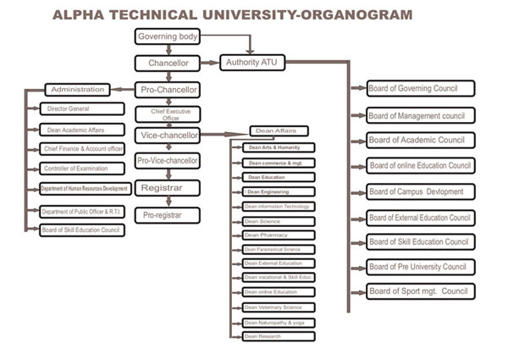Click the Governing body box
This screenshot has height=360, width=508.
pos(168,36)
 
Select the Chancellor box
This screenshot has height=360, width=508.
pos(168,63)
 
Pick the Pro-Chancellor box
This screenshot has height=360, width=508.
pos(168,89)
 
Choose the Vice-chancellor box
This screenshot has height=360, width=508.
pos(168,135)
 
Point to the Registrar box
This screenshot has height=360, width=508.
pos(168,187)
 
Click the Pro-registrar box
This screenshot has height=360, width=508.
pos(168,215)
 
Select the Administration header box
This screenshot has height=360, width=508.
pos(77,89)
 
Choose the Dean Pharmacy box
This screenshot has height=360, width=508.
pos(278,235)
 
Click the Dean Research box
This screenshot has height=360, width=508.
pos(278,336)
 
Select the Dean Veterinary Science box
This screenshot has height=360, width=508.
pos(278,307)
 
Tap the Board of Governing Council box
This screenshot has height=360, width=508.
pos(420,88)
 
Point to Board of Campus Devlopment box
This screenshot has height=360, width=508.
pos(420,191)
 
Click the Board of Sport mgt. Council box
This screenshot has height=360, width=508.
pos(420,291)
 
